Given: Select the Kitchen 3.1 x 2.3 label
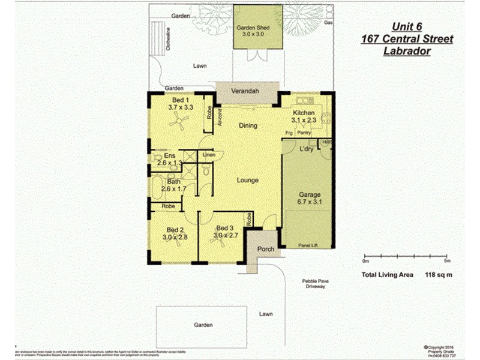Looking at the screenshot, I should point(303,116).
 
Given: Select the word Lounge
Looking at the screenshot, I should point(247,180).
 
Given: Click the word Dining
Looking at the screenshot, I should point(248,126).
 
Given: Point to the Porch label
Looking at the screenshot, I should point(265,249).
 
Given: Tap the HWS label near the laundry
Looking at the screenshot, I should point(327,142).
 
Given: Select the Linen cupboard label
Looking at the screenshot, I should point(208,155).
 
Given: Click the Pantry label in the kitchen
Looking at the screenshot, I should point(304,134).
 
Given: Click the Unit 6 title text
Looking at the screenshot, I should point(407,26).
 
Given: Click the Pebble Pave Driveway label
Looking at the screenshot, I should point(315,284).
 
